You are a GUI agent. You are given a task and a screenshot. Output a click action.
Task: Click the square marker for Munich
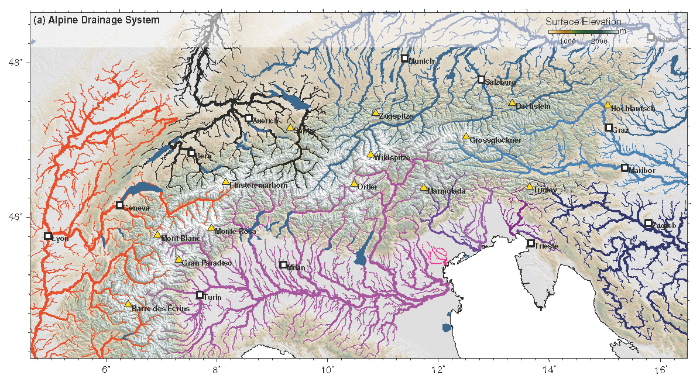point(404,58)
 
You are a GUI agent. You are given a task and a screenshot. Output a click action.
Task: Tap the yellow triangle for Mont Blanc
point(157,235)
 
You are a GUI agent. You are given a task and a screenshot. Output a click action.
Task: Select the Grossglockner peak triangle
point(466,136)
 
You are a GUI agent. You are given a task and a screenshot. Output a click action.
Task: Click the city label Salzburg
point(500,82)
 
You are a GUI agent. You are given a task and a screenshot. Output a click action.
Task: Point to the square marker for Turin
point(200,295)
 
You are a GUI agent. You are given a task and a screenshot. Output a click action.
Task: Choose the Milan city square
point(283,264)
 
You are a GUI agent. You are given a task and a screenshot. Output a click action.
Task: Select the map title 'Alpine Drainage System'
point(97,20)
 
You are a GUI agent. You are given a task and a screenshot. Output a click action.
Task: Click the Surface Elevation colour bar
point(583,31)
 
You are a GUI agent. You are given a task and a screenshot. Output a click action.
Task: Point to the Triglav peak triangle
point(529,187)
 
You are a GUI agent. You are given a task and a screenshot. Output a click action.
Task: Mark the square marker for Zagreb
point(648,223)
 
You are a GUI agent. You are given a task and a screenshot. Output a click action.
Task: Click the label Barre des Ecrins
point(161,308)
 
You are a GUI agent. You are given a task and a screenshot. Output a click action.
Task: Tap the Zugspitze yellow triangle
point(376,113)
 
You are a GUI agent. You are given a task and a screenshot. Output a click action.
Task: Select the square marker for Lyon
point(48,236)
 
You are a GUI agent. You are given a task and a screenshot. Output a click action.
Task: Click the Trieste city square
point(531,243)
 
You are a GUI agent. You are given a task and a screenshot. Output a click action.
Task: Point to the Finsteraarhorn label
point(258,185)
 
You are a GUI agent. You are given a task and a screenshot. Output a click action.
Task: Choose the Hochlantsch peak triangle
point(608,105)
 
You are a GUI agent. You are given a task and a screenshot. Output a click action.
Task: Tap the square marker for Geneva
point(119,205)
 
